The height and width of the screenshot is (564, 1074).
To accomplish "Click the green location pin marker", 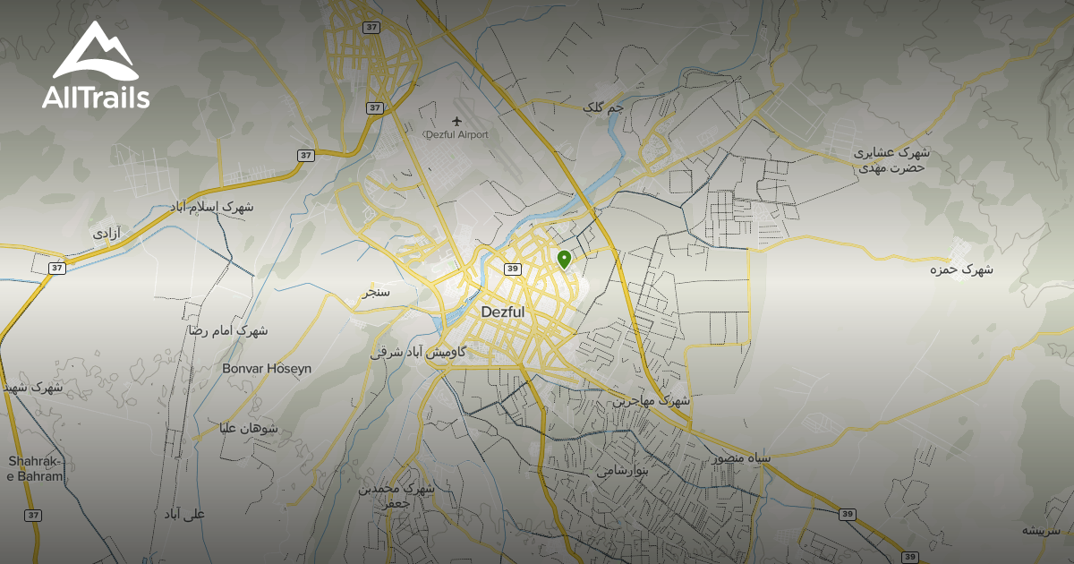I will [x=564, y=260].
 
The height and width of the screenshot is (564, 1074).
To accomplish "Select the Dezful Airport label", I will [x=456, y=135].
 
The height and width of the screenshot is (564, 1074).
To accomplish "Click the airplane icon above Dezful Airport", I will [x=457, y=121].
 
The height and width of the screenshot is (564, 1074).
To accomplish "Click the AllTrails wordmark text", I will [x=96, y=98].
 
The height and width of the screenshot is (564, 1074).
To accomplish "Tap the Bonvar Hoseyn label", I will [x=267, y=368].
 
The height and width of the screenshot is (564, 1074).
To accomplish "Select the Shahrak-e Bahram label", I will [x=36, y=468].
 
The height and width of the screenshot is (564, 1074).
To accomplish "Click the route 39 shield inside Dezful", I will [x=513, y=269].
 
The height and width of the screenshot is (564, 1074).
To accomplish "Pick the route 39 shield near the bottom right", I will [x=848, y=514].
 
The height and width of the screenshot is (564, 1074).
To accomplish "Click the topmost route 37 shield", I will [x=371, y=27].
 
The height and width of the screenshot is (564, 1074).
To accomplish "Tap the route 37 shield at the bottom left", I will [x=33, y=515].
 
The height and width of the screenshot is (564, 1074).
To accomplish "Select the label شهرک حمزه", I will [x=961, y=269].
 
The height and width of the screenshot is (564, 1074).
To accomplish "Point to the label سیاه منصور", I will [x=741, y=457].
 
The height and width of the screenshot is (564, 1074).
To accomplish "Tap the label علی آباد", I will [x=184, y=514].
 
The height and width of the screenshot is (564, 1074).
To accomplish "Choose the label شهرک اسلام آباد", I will [x=212, y=207].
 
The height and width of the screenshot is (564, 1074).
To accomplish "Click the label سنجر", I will [x=376, y=292].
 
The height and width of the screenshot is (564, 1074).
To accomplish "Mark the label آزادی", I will [x=107, y=233].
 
